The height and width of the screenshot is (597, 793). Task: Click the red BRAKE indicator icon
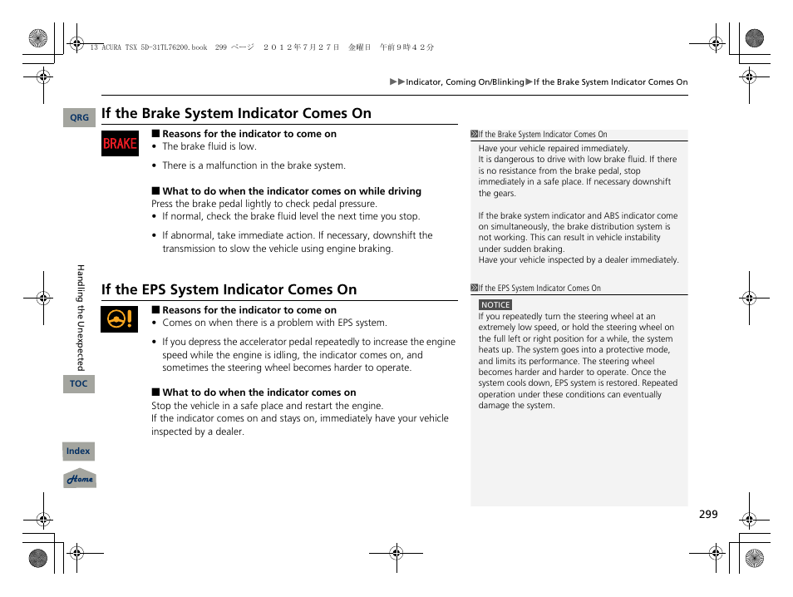tap(120, 144)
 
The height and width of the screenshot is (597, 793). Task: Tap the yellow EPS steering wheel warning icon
tap(120, 319)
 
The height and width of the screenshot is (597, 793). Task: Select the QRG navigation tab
tap(79, 118)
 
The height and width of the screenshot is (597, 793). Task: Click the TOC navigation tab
tap(79, 383)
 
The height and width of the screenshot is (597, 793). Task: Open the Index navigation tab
tap(78, 451)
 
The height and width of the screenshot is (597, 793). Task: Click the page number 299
tap(707, 515)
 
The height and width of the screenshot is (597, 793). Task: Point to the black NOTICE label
tap(495, 305)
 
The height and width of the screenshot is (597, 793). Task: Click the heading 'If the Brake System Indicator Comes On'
tap(236, 113)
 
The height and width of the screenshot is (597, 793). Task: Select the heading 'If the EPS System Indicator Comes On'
tap(229, 289)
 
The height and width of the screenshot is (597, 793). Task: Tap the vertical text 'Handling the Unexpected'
tap(81, 318)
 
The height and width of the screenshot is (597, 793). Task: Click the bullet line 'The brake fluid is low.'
tap(209, 146)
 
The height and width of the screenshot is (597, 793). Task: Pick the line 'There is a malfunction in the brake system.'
tap(254, 165)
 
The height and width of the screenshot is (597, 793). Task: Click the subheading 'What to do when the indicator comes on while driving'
tap(291, 191)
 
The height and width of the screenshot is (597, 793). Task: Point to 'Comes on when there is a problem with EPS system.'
tap(274, 323)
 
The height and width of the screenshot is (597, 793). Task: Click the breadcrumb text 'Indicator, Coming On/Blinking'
tap(465, 82)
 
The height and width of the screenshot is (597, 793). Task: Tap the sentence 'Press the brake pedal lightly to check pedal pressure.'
tap(264, 204)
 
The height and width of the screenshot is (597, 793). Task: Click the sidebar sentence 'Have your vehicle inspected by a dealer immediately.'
tap(579, 260)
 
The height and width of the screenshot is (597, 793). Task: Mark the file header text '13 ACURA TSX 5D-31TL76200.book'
tap(148, 47)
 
